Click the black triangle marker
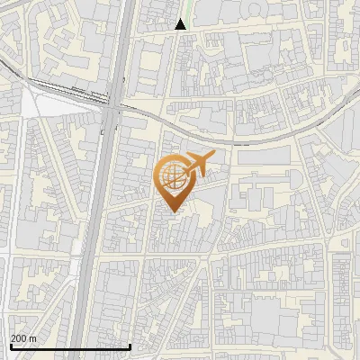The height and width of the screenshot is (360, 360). tap(181, 24)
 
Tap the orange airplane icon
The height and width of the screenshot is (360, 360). tap(197, 165)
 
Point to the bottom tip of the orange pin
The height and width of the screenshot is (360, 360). tap(171, 211)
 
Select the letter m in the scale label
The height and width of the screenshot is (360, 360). tap(32, 338)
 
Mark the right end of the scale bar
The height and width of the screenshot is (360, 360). tap(130, 346)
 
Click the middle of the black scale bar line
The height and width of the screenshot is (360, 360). tap(69, 346)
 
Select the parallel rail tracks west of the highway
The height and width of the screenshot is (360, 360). tap(63, 90)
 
